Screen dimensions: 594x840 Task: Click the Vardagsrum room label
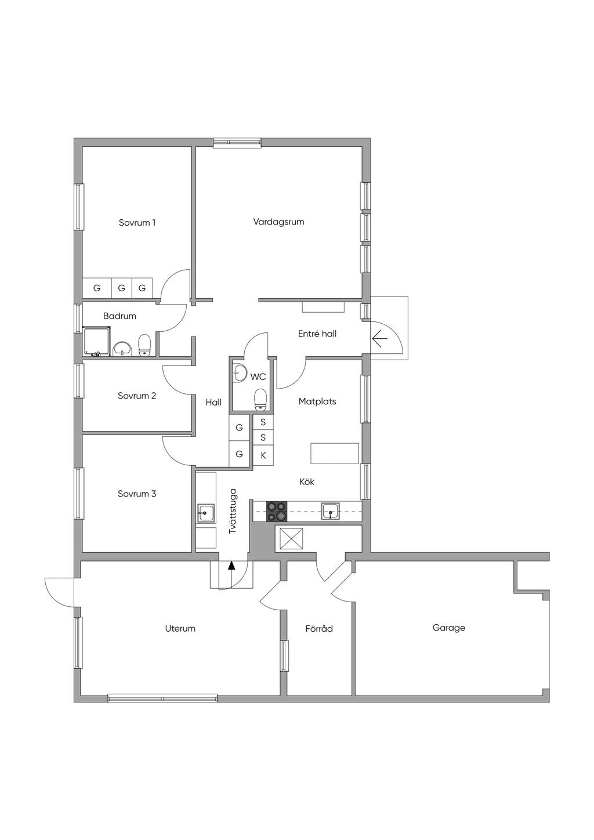click(278, 222)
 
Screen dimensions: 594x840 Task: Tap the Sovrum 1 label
click(137, 223)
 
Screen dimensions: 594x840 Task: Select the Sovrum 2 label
click(137, 396)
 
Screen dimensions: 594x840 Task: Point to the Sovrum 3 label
click(137, 494)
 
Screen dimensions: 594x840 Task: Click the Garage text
click(448, 628)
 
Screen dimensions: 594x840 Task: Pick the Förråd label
click(319, 628)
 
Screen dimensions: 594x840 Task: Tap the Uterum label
click(180, 628)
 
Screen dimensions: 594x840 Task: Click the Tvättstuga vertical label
click(233, 510)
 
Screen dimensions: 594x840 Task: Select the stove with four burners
click(277, 512)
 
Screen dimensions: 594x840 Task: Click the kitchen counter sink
click(331, 512)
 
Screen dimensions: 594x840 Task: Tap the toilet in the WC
click(260, 399)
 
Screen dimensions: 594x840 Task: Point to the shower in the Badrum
click(97, 341)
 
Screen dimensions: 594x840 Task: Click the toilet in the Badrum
click(144, 345)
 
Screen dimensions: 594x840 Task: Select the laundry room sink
click(206, 513)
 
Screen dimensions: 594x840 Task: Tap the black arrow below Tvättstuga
click(231, 566)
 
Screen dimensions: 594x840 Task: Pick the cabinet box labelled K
click(263, 455)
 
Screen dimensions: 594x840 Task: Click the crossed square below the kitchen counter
click(289, 539)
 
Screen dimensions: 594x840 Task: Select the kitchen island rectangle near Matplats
click(335, 454)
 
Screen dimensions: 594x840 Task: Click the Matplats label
click(317, 401)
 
